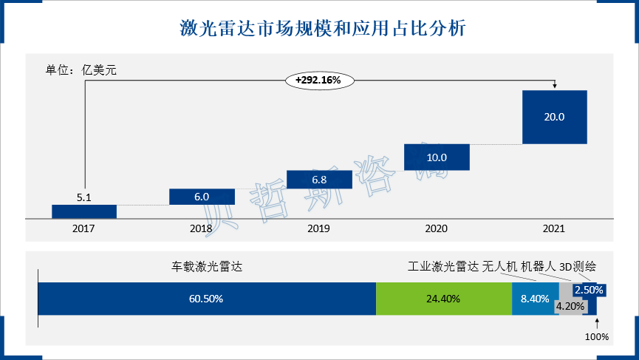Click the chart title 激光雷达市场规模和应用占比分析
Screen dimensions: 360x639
[x=319, y=29]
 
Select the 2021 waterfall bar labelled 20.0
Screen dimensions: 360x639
[x=554, y=117]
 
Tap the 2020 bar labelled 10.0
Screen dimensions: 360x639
[x=437, y=157]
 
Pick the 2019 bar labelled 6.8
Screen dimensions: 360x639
[x=319, y=180]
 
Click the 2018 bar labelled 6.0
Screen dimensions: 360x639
[x=202, y=197]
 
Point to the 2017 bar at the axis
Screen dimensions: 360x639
[x=84, y=211]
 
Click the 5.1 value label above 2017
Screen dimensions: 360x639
[x=84, y=197]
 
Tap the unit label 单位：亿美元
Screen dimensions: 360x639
[x=82, y=71]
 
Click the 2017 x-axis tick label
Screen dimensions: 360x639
[x=84, y=229]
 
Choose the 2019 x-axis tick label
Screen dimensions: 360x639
[x=319, y=229]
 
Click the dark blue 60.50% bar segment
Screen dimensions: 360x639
[x=207, y=299]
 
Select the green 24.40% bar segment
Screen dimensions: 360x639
[x=443, y=299]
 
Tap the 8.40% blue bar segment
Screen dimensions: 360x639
[x=534, y=299]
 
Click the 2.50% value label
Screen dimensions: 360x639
[x=590, y=291]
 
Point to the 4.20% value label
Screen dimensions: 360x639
[x=570, y=306]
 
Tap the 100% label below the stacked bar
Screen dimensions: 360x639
[x=597, y=336]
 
